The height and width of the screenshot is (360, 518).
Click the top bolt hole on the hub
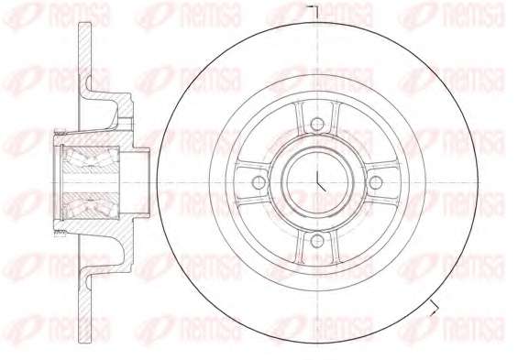click(x=317, y=125)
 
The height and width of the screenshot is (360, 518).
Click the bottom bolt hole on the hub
click(x=317, y=241)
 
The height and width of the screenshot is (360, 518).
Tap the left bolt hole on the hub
click(x=259, y=182)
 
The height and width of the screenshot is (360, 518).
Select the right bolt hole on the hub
click(x=376, y=182)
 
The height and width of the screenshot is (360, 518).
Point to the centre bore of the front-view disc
click(x=317, y=182)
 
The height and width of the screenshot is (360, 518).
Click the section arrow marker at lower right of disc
click(x=434, y=308)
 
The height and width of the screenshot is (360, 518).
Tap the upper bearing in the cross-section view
click(x=91, y=159)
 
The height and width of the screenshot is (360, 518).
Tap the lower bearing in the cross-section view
click(x=91, y=205)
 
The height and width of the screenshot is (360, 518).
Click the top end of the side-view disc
click(x=85, y=24)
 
